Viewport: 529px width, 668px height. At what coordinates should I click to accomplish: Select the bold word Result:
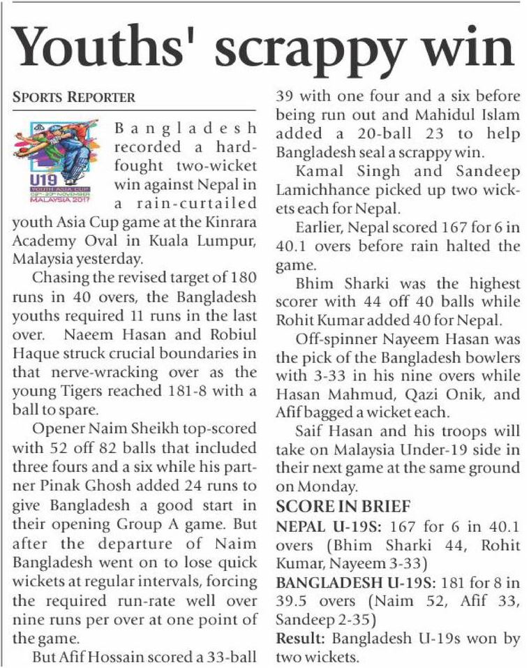tap(301, 637)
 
